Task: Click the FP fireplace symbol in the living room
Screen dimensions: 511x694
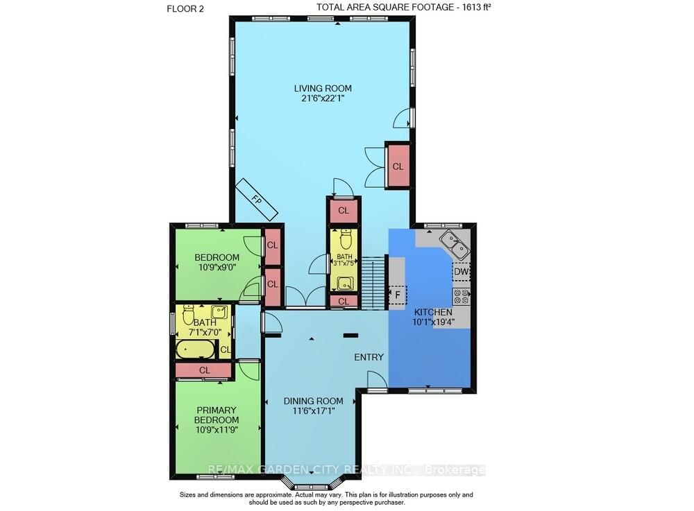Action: (256, 199)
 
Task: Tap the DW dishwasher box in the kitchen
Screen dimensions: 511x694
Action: (462, 272)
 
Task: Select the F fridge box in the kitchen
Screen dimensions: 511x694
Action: (398, 295)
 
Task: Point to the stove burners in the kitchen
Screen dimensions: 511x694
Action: (462, 297)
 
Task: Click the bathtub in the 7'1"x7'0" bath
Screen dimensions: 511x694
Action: (195, 349)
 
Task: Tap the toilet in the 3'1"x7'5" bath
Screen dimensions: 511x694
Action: (344, 239)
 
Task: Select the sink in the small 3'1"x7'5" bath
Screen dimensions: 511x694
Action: (344, 283)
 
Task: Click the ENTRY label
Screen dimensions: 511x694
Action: (369, 357)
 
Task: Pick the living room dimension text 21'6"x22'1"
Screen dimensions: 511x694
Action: (322, 98)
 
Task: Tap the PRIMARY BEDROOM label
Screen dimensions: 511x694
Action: (216, 415)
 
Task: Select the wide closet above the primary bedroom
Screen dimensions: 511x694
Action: (204, 370)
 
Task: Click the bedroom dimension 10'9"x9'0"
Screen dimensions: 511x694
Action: (217, 268)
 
